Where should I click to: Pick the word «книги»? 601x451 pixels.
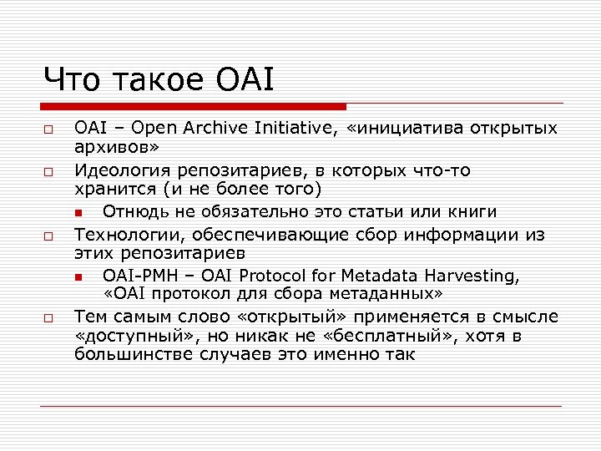[471, 211]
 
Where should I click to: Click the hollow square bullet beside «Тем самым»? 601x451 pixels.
[49, 318]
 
